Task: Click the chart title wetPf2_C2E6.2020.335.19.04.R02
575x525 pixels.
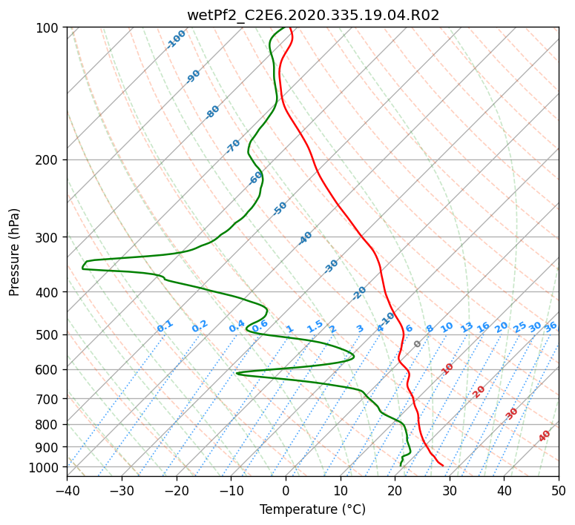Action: (x=313, y=16)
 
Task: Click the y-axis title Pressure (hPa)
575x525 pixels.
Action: (x=14, y=252)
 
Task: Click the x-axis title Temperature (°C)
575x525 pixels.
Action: (x=313, y=509)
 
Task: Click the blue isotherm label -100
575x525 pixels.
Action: (x=176, y=39)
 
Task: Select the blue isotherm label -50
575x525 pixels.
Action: (x=280, y=208)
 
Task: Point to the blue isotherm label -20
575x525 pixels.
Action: (x=359, y=293)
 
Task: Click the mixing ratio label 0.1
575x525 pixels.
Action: (x=165, y=326)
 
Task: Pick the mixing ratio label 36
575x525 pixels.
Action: (x=551, y=327)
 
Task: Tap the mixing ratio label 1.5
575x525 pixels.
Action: (x=315, y=326)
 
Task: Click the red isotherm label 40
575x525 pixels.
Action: (x=545, y=436)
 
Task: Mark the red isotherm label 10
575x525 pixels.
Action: (x=447, y=369)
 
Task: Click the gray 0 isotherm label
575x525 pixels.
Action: (x=417, y=344)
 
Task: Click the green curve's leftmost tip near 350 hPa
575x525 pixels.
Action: (x=82, y=268)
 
